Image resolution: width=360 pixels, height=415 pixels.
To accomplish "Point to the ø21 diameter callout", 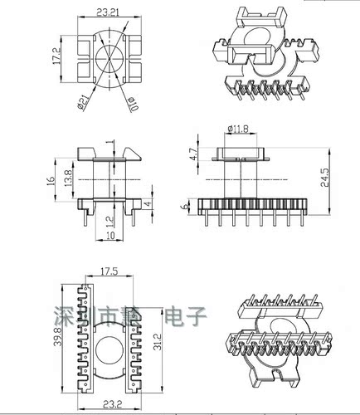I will (x=85, y=104).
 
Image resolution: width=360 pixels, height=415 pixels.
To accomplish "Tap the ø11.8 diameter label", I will (x=240, y=129).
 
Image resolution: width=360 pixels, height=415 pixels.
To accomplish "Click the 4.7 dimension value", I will (x=192, y=154).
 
